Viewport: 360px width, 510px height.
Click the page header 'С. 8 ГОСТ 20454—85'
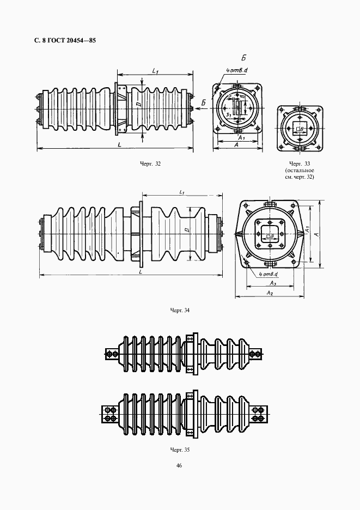pos(57,41)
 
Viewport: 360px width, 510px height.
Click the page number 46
pos(179,466)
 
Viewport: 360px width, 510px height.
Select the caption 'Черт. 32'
pos(150,163)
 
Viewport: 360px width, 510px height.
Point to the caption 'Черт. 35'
pos(179,450)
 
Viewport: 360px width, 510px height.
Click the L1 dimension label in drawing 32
pos(155,71)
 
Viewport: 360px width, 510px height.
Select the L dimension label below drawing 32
pos(118,145)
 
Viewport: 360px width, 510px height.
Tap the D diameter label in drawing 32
pos(139,104)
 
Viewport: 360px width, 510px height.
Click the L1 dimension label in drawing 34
pos(181,192)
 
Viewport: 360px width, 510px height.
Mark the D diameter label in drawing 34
pos(186,231)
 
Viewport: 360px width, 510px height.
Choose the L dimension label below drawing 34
pos(141,271)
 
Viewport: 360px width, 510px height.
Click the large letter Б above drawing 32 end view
pos(245,57)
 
